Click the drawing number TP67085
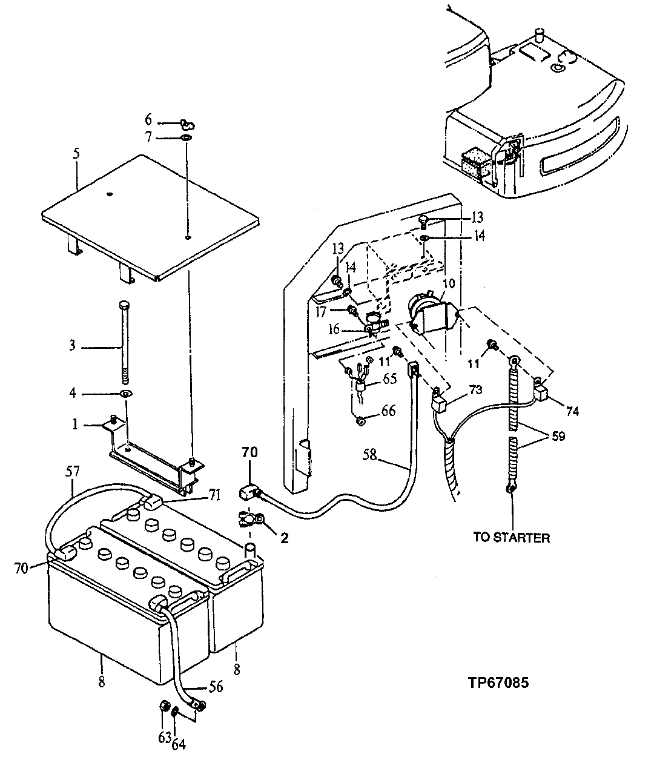click(498, 682)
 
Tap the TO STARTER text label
click(512, 537)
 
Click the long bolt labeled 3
click(125, 342)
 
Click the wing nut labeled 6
click(185, 124)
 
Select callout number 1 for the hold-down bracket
click(76, 424)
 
